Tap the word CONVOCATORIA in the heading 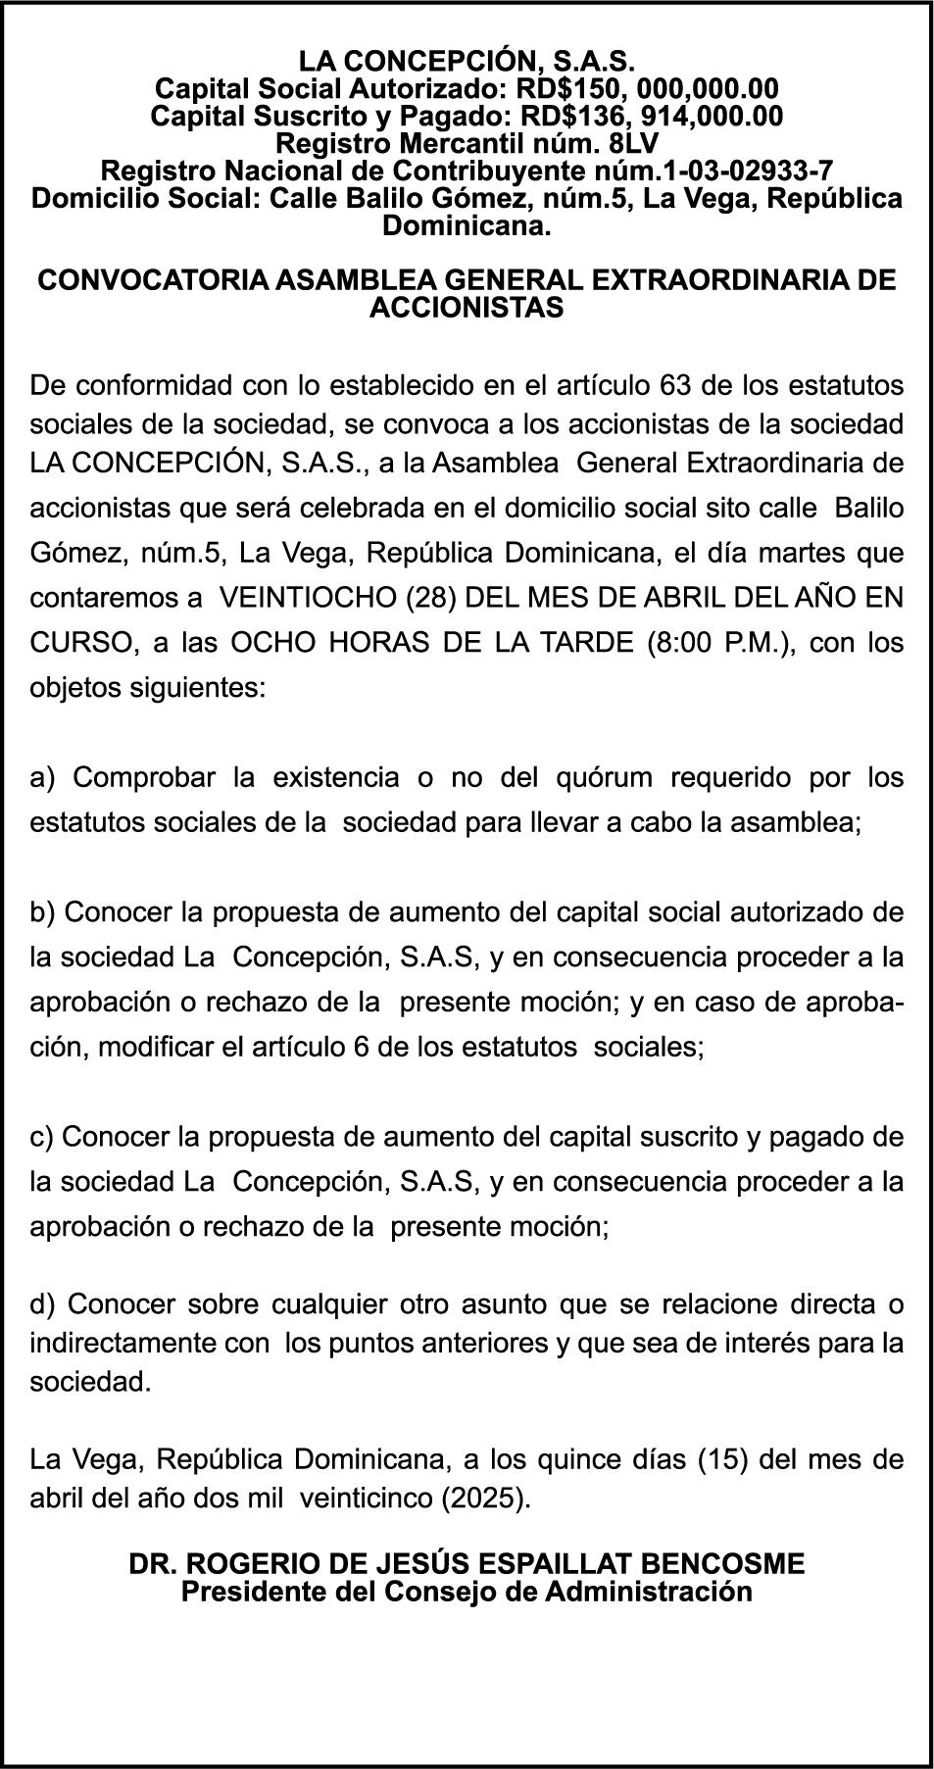coord(152,280)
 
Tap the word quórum coord(604,778)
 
